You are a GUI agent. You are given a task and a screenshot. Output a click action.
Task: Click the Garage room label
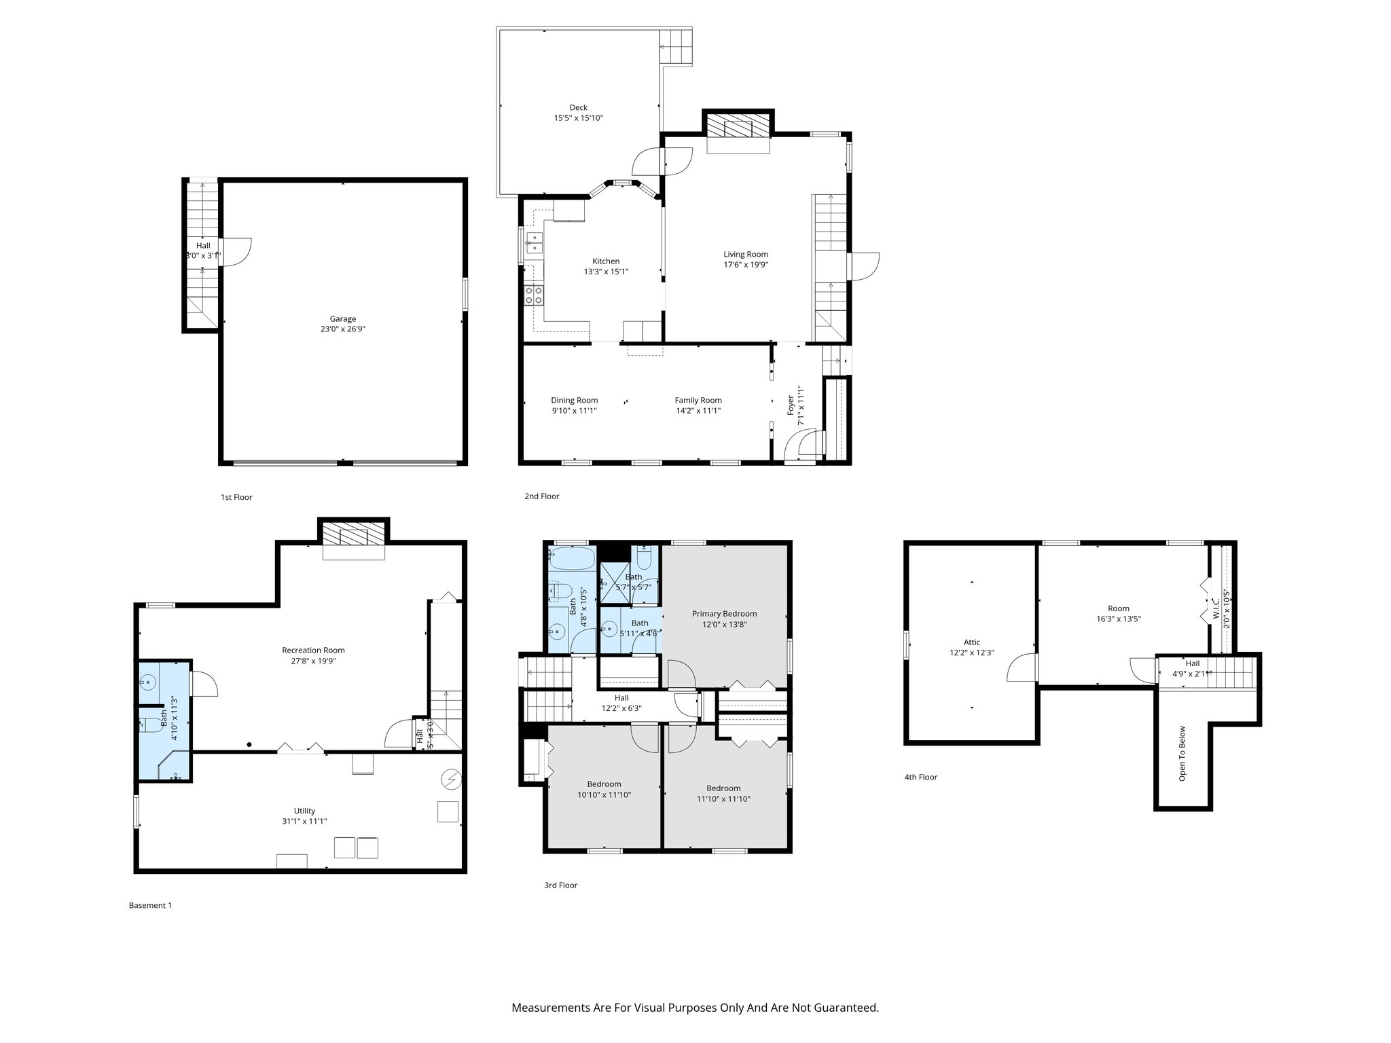pyautogui.click(x=343, y=318)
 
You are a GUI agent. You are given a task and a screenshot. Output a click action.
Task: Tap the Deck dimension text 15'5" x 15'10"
pyautogui.click(x=578, y=118)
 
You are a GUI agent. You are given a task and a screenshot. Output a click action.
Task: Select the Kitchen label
pyautogui.click(x=606, y=261)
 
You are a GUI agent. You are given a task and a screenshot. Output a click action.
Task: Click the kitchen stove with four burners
pyautogui.click(x=534, y=295)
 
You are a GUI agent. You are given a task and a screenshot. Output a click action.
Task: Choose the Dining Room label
pyautogui.click(x=574, y=400)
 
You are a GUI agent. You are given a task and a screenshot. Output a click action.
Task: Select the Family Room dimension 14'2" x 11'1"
pyautogui.click(x=698, y=411)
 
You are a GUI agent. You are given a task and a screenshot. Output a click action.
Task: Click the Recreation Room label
pyautogui.click(x=313, y=650)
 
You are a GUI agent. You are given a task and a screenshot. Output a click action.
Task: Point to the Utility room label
pyautogui.click(x=304, y=810)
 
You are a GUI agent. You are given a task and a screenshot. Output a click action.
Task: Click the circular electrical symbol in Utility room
pyautogui.click(x=450, y=779)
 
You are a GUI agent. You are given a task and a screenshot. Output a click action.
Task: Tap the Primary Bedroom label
pyautogui.click(x=724, y=613)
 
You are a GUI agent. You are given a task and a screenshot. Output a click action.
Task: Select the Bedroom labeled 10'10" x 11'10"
pyautogui.click(x=604, y=794)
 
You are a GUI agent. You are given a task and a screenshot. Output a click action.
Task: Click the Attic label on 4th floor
pyautogui.click(x=971, y=642)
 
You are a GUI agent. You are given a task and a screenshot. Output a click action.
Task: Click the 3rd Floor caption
pyautogui.click(x=560, y=885)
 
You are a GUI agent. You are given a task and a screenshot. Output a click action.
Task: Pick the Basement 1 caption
pyautogui.click(x=150, y=905)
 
